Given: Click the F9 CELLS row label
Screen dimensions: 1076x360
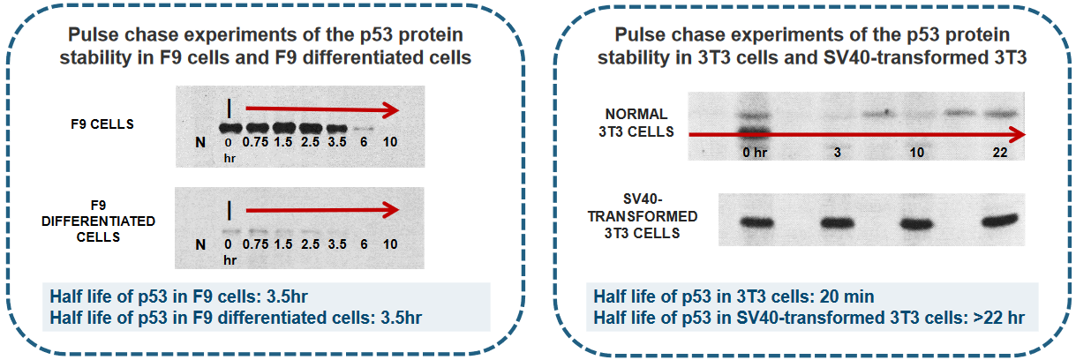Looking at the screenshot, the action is coord(102,124).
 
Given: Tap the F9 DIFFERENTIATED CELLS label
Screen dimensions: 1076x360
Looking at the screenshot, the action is coord(98,221).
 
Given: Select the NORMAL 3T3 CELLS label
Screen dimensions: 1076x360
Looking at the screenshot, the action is coord(636,123).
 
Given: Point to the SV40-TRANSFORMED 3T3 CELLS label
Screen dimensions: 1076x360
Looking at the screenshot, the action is coord(643,216).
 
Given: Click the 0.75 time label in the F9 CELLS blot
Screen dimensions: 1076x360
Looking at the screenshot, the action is coord(256,142).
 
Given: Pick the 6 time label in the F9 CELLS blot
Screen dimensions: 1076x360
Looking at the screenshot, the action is coord(364,142).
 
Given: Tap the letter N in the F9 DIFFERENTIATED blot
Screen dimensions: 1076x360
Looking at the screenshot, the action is coord(200,244).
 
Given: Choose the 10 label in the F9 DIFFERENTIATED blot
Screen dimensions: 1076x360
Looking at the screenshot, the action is coord(390,244).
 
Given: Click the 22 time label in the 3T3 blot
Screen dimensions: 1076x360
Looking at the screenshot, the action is coord(999,153).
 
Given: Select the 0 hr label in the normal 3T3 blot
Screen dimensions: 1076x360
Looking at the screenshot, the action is coord(755,153).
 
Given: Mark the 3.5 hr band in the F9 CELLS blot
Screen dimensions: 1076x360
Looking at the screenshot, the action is coord(336,129).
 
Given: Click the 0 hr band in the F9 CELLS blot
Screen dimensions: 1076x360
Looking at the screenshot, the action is coord(230,128).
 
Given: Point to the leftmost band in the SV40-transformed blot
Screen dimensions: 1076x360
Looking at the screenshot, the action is coord(757,222).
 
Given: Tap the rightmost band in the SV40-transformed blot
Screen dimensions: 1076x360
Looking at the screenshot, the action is coord(999,221).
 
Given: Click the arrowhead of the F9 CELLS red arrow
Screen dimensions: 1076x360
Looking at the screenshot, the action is coord(391,110).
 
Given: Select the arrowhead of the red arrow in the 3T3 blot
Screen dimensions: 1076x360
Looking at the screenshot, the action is coord(1017,135).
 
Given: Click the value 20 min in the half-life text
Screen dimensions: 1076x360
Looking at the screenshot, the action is coord(847,296).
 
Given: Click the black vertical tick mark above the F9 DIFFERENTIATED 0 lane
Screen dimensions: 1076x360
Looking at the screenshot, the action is coord(229,211).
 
